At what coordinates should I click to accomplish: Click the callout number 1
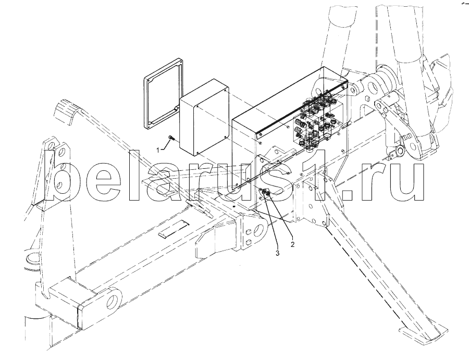pos(160,150)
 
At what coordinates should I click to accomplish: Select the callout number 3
pos(278,254)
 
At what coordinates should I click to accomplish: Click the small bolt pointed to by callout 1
pos(171,138)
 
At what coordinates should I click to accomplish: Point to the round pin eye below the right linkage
pos(400,152)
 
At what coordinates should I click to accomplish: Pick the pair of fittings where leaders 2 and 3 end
pos(266,194)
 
